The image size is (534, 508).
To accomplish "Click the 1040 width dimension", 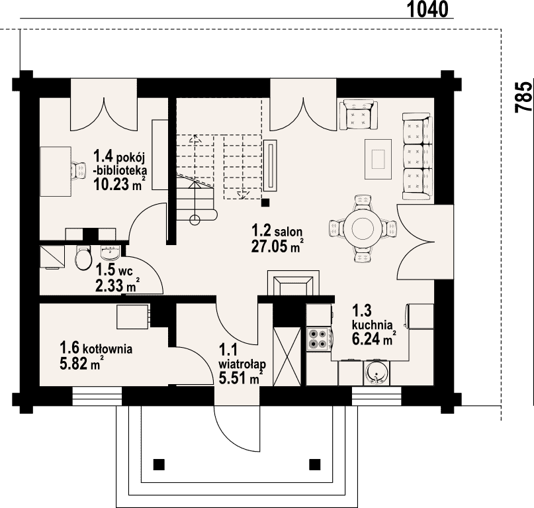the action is click(427, 9).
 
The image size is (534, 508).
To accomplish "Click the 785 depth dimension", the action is click(524, 97).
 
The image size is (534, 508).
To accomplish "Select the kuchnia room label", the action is click(373, 325).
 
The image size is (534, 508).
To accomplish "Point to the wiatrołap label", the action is click(242, 364).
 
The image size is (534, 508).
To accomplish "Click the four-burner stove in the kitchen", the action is click(319, 339).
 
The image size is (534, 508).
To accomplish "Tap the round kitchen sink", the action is click(376, 373).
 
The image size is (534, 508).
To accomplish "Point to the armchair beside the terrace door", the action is click(361, 115).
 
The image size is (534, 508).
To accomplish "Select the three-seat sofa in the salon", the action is click(418, 156).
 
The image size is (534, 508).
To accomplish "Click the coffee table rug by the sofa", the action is click(378, 159).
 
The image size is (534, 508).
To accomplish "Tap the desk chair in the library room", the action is click(79, 170).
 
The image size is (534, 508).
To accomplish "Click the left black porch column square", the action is click(159, 464).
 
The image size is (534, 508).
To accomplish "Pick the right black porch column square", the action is click(315, 464).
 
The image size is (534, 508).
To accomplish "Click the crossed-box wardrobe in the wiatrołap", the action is click(288, 356).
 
